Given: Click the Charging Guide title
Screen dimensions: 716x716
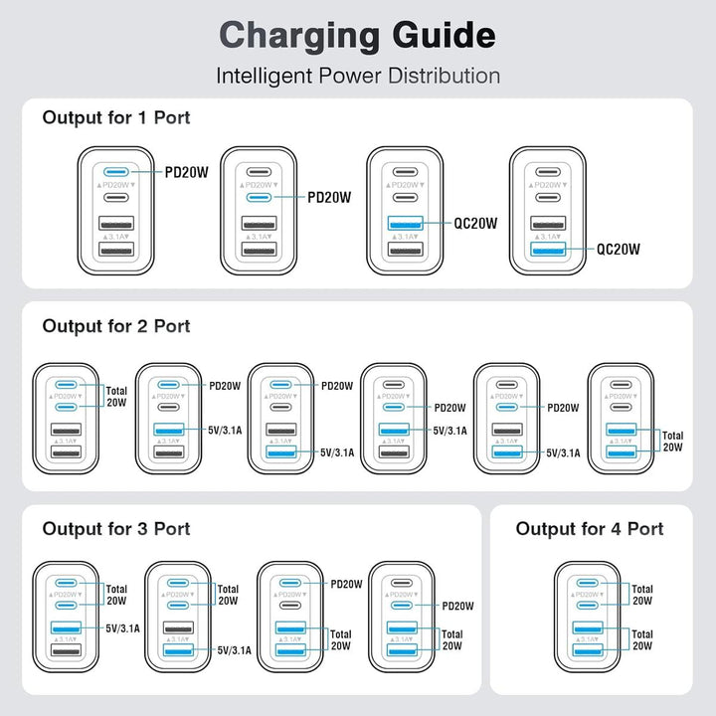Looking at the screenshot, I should click(357, 35).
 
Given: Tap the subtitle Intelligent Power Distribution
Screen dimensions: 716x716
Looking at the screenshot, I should click(357, 76).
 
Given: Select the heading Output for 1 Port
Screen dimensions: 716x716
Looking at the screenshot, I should click(116, 117).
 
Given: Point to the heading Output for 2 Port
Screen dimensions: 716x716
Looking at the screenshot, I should click(116, 326).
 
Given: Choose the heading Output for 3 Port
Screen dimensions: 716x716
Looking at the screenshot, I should click(116, 529).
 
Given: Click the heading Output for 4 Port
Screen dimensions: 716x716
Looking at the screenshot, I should click(590, 529).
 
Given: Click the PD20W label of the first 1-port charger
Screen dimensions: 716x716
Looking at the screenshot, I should click(187, 172).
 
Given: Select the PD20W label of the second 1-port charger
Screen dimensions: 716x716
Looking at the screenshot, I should click(329, 197).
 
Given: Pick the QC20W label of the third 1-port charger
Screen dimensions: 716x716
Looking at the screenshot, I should click(474, 224).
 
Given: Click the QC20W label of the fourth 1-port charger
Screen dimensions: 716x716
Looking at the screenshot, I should click(618, 250).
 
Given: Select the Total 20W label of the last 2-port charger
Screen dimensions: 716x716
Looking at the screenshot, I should click(673, 442).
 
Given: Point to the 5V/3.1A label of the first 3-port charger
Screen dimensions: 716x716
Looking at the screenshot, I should click(123, 627).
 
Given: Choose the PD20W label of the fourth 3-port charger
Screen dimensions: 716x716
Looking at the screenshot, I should click(457, 606).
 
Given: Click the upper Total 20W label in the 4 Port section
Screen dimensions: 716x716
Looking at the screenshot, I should click(642, 595).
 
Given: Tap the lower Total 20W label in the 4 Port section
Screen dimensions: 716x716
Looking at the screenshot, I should click(642, 639).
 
